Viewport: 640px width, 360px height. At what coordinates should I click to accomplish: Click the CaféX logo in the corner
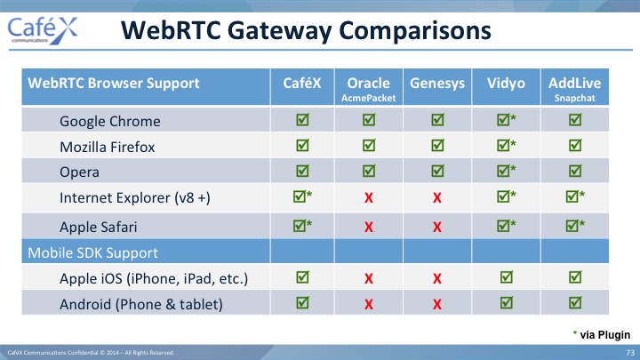[x=43, y=30]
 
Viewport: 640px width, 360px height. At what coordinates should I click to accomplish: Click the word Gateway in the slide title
[x=277, y=31]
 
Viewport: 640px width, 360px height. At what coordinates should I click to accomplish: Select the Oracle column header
[x=369, y=88]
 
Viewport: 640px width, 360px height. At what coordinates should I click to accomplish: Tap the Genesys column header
[x=437, y=84]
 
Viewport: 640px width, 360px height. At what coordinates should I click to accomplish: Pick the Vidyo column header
[x=506, y=84]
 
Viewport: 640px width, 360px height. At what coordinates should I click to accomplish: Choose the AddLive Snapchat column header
[x=575, y=88]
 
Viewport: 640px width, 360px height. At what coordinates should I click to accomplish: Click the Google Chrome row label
[x=110, y=122]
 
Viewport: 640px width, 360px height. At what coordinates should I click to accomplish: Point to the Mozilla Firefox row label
[x=108, y=147]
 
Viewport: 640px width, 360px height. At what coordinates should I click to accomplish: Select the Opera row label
[x=79, y=172]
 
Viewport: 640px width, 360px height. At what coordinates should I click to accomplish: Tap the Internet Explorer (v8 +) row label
[x=135, y=198]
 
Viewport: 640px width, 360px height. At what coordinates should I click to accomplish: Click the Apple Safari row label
[x=99, y=227]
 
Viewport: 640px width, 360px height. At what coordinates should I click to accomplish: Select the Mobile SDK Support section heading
[x=92, y=252]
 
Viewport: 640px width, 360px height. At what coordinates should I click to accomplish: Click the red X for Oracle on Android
[x=369, y=304]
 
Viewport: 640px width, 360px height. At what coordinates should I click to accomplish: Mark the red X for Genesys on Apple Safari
[x=437, y=227]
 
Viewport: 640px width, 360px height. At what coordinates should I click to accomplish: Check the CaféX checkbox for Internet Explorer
[x=302, y=196]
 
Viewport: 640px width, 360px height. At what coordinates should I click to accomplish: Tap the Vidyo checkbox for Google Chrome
[x=507, y=119]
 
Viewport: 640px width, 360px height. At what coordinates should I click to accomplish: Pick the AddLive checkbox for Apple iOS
[x=575, y=277]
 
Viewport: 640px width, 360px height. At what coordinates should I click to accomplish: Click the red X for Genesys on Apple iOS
[x=437, y=278]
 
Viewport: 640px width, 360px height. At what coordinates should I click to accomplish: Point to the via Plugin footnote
[x=602, y=335]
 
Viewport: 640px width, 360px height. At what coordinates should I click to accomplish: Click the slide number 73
[x=630, y=353]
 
